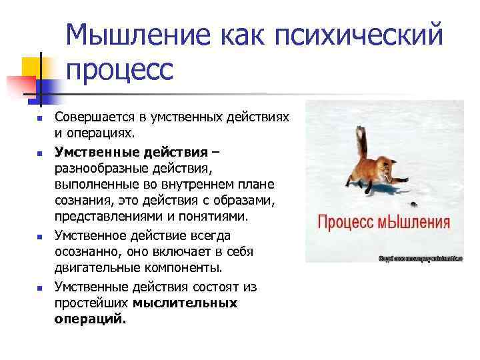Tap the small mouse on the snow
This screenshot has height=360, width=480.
[414, 200]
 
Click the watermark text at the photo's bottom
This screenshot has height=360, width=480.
[420, 257]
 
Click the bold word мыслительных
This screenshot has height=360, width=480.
[185, 303]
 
